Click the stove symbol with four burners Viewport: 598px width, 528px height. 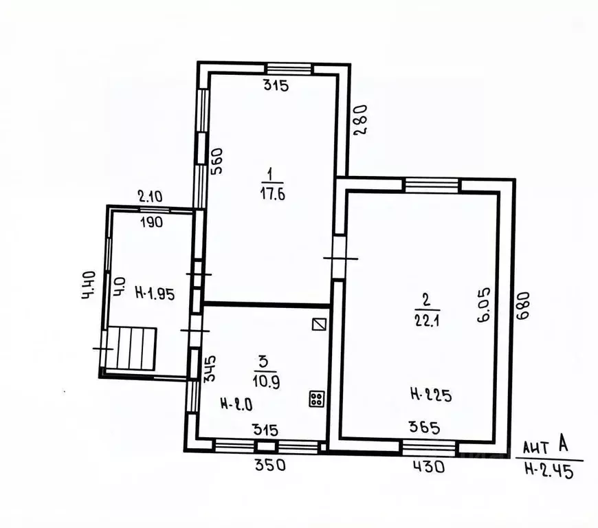pyautogui.click(x=317, y=399)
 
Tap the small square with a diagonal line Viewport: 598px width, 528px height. pyautogui.click(x=319, y=324)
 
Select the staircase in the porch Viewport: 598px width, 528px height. pyautogui.click(x=131, y=349)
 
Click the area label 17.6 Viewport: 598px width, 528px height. pyautogui.click(x=272, y=195)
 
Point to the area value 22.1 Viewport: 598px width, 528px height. pyautogui.click(x=426, y=320)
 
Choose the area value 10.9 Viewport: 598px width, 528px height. pyautogui.click(x=266, y=382)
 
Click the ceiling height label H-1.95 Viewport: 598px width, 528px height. pyautogui.click(x=155, y=294)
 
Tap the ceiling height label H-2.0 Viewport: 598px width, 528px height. pyautogui.click(x=236, y=404)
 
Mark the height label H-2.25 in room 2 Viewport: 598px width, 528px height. pyautogui.click(x=431, y=395)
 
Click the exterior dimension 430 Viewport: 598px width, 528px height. pyautogui.click(x=429, y=467)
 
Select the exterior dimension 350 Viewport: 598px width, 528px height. pyautogui.click(x=269, y=465)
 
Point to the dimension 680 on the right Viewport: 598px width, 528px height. pyautogui.click(x=523, y=305)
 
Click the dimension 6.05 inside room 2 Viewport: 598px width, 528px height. pyautogui.click(x=484, y=305)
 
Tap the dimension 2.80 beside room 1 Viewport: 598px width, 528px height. pyautogui.click(x=360, y=120)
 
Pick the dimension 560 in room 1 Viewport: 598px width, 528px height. pyautogui.click(x=217, y=161)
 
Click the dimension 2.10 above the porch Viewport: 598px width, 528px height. pyautogui.click(x=150, y=197)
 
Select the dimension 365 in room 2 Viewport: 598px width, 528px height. pyautogui.click(x=424, y=428)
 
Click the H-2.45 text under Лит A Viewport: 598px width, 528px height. pyautogui.click(x=549, y=470)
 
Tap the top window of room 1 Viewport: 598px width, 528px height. pyautogui.click(x=289, y=69)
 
